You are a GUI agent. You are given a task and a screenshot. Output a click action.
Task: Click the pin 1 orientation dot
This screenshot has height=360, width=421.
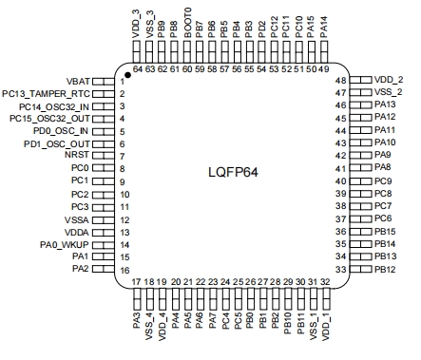(x=127, y=75)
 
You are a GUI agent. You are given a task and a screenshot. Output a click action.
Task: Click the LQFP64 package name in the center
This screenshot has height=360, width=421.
(x=233, y=172)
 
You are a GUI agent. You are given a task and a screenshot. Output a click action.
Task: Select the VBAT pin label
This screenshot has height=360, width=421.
(x=78, y=82)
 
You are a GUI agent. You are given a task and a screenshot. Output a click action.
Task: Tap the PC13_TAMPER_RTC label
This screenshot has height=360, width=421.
(x=46, y=94)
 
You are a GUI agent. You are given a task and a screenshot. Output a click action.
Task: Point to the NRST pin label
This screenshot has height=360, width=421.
(x=77, y=155)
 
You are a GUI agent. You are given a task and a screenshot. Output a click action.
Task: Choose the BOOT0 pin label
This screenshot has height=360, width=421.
(x=188, y=23)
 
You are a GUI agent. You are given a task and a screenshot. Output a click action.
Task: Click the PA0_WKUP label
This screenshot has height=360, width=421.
(x=65, y=245)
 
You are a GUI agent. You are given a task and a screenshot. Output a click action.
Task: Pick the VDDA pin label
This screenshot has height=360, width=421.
(x=77, y=233)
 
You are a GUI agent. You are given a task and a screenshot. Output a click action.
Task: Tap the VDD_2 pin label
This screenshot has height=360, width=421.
(x=389, y=80)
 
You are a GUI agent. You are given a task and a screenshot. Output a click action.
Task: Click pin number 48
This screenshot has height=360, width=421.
(x=341, y=81)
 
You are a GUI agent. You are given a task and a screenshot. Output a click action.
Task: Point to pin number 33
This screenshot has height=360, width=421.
(x=341, y=270)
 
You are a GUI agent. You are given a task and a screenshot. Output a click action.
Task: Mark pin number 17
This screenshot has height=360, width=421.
(x=136, y=282)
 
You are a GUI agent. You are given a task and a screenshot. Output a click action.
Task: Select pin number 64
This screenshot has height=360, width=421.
(x=138, y=69)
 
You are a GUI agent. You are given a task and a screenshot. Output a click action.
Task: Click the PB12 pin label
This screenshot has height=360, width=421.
(x=385, y=270)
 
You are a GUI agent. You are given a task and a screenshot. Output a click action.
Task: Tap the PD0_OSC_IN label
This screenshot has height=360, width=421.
(x=61, y=131)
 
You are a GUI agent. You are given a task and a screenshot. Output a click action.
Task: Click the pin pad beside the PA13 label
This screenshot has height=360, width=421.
(x=360, y=104)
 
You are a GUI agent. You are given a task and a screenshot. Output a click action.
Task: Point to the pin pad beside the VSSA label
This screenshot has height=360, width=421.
(x=103, y=220)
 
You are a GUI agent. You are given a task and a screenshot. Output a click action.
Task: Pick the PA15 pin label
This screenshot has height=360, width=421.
(x=311, y=28)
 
